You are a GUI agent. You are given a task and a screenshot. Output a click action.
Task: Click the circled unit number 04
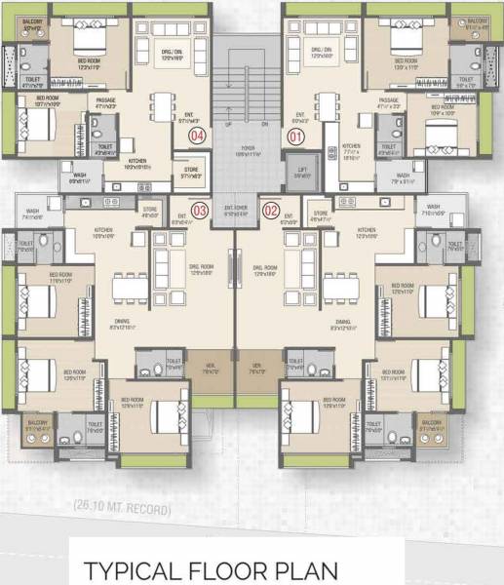199,136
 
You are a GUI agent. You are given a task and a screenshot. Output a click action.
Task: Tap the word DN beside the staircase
265,124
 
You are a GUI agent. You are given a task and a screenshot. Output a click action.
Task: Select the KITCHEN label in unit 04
137,163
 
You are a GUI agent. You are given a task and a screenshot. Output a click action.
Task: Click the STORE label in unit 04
191,173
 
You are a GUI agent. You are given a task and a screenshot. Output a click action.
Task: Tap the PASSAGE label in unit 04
106,100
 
